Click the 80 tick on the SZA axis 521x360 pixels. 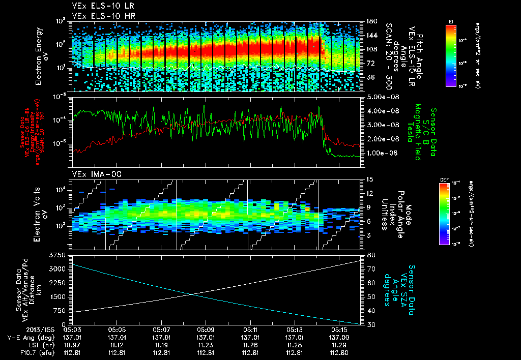click(x=371, y=255)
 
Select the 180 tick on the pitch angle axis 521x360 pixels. click(x=370, y=21)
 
